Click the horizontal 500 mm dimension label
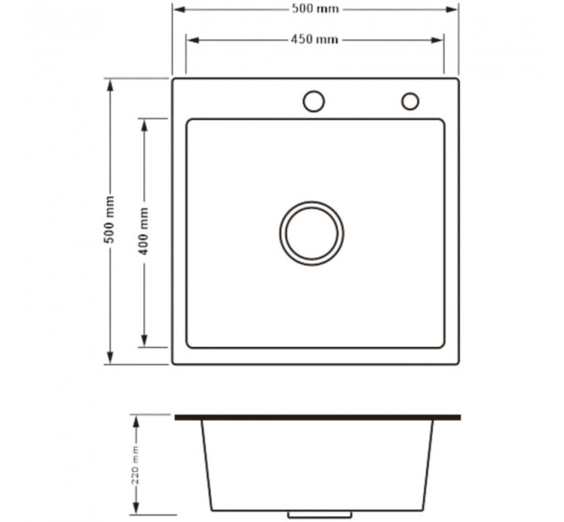pyautogui.click(x=315, y=8)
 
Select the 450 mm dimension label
pyautogui.click(x=314, y=39)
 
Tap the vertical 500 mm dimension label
pyautogui.click(x=109, y=220)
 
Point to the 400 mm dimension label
pyautogui.click(x=143, y=231)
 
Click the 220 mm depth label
pyautogui.click(x=135, y=465)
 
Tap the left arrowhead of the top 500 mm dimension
pyautogui.click(x=179, y=9)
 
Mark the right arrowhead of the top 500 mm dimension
pyautogui.click(x=452, y=9)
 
